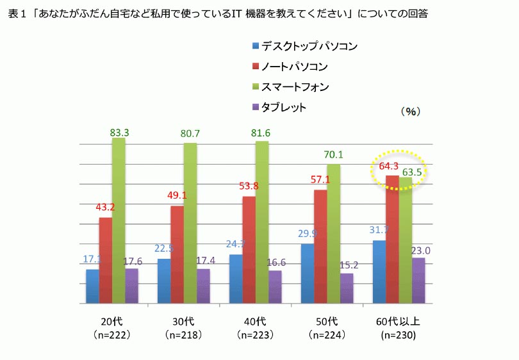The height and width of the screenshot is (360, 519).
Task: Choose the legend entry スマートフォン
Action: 294,86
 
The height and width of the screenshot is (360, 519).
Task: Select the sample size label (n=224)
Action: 327,334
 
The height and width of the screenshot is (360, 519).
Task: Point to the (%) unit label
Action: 410,111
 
